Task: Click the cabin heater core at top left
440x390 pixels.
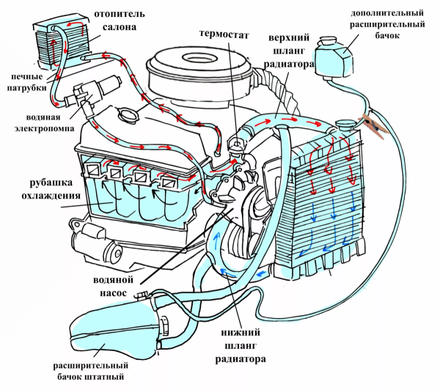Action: (62, 44)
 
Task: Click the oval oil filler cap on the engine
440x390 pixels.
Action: (131, 115)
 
